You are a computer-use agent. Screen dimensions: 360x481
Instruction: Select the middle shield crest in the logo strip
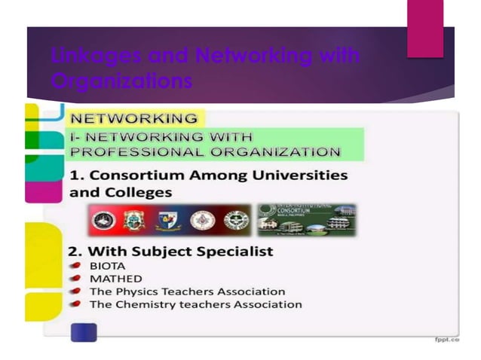(x=167, y=220)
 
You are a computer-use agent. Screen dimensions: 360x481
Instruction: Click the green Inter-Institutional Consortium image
(x=306, y=219)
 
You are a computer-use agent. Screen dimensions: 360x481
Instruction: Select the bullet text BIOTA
(x=107, y=266)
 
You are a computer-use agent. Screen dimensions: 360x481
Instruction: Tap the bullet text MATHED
(x=115, y=279)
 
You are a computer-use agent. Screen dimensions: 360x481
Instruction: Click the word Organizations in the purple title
(x=122, y=81)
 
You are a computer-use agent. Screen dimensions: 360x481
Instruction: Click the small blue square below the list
(x=84, y=331)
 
